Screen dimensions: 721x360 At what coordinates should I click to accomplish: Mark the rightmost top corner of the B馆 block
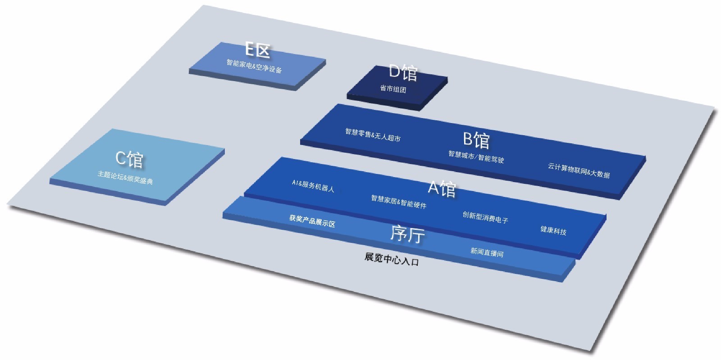645,157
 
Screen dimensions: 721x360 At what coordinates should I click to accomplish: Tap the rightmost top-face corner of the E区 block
326,59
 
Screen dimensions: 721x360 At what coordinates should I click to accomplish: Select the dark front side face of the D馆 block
383,102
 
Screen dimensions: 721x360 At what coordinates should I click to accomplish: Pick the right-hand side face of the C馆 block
195,177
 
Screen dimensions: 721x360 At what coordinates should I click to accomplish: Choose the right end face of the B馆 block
633,178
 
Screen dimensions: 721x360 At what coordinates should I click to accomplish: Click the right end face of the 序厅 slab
569,271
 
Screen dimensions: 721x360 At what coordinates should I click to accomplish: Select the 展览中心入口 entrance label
392,260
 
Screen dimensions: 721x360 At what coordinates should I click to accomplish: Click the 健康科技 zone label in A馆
553,230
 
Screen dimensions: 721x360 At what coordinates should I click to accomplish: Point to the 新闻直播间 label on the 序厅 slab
487,252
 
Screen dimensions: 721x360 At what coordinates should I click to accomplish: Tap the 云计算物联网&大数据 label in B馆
579,170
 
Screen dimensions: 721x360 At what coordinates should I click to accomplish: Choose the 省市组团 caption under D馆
393,88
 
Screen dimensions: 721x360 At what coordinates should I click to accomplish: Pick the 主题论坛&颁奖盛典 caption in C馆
125,178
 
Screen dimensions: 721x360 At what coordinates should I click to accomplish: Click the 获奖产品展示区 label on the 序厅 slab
312,221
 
